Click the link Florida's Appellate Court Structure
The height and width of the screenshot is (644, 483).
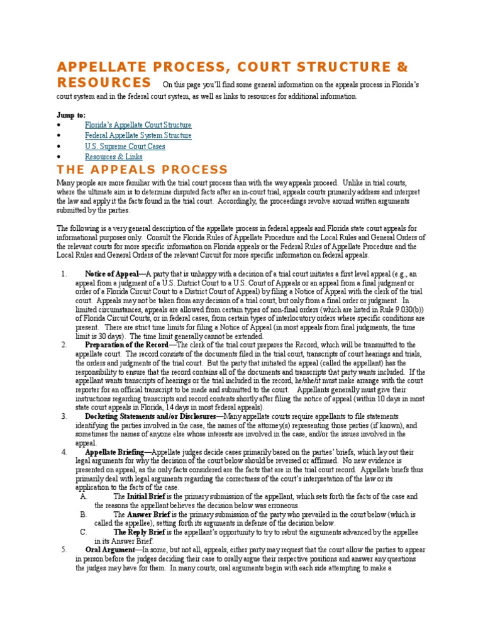138,125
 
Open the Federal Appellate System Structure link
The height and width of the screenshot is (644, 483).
138,136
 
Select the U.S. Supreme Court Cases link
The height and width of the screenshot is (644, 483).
125,147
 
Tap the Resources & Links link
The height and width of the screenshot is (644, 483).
113,157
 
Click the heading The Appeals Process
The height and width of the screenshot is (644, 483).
142,170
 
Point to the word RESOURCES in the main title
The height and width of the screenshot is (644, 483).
104,83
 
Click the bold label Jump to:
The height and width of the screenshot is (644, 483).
71,115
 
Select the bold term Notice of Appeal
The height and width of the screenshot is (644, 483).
114,274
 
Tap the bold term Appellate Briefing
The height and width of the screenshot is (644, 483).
114,452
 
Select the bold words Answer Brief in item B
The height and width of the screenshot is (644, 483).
152,514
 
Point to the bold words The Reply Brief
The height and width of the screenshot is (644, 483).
139,532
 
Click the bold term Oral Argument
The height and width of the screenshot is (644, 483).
110,550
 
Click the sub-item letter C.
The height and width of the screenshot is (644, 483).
83,532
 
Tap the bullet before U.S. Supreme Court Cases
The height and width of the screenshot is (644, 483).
58,147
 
